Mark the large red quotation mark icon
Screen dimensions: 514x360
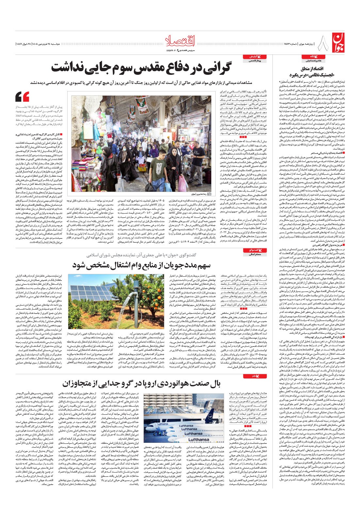[22, 97]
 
